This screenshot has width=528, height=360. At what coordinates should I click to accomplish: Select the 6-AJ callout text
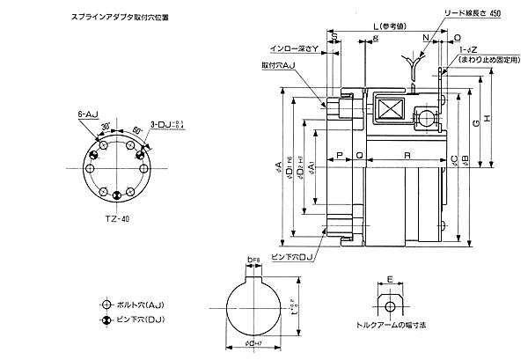(88, 114)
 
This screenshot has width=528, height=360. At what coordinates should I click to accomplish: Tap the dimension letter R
(403, 155)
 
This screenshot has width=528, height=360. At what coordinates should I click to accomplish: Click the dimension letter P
(340, 155)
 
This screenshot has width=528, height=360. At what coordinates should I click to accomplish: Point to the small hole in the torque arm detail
(389, 308)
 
